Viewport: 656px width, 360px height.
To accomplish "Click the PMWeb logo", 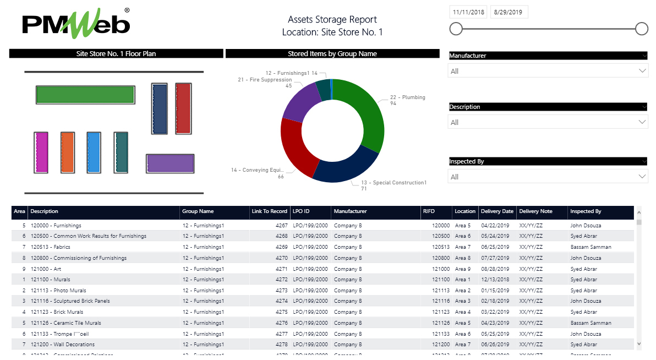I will pos(76,24).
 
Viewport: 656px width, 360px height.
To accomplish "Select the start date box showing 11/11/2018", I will pos(468,12).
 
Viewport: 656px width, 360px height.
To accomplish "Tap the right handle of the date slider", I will pos(642,29).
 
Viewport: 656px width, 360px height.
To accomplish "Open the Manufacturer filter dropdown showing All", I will pos(548,71).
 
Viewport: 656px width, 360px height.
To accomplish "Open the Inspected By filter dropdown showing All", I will pos(548,177).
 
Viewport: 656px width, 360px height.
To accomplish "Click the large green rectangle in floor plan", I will pos(85,95).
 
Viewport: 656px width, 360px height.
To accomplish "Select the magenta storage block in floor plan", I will pos(41,152).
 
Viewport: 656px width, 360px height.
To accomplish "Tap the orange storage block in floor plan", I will pos(68,152).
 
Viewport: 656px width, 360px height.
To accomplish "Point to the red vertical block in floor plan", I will pos(183,108).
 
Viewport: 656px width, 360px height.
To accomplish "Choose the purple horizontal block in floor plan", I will pos(170,163).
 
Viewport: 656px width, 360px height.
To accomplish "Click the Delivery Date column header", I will pos(496,211).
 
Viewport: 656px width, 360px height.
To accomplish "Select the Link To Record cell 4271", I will pos(281,269).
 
